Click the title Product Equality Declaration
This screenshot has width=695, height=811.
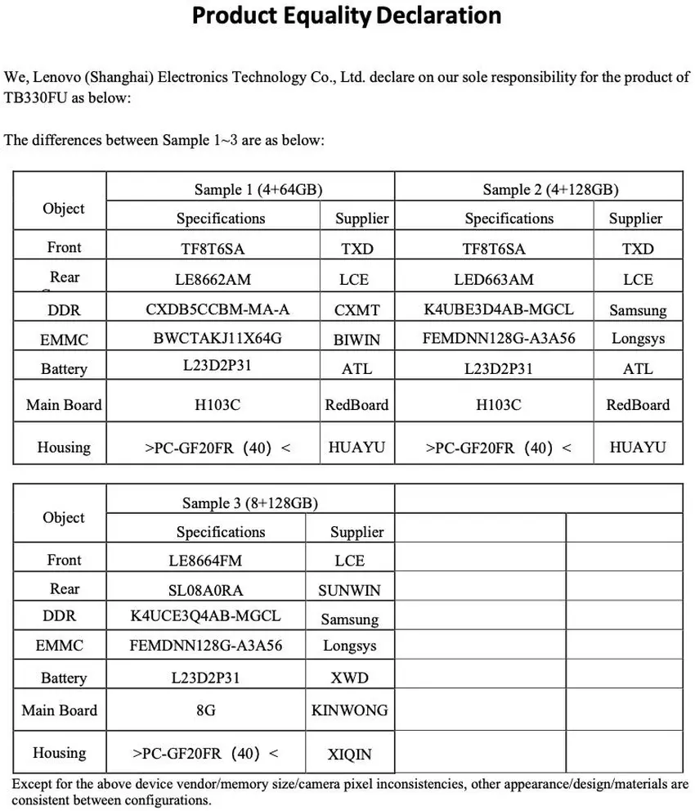[347, 16]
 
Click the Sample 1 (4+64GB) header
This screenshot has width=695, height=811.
[258, 189]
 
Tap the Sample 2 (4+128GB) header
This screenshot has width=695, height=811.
[550, 189]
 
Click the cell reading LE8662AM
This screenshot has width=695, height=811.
[213, 279]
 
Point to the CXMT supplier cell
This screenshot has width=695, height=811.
[356, 310]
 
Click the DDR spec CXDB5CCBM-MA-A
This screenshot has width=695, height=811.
[217, 309]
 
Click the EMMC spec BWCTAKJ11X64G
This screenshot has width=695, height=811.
[217, 338]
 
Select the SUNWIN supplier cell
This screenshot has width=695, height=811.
[349, 590]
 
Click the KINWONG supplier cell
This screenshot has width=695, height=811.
[349, 710]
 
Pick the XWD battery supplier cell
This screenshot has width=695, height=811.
[349, 678]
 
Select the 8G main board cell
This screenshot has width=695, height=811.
[206, 710]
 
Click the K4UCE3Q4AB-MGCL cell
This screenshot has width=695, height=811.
[205, 615]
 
